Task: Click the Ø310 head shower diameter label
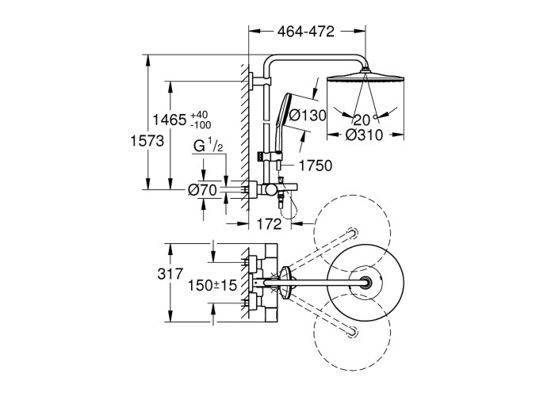pos(365,135)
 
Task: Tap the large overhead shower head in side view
pos(365,78)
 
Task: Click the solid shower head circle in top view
pos(366,283)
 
